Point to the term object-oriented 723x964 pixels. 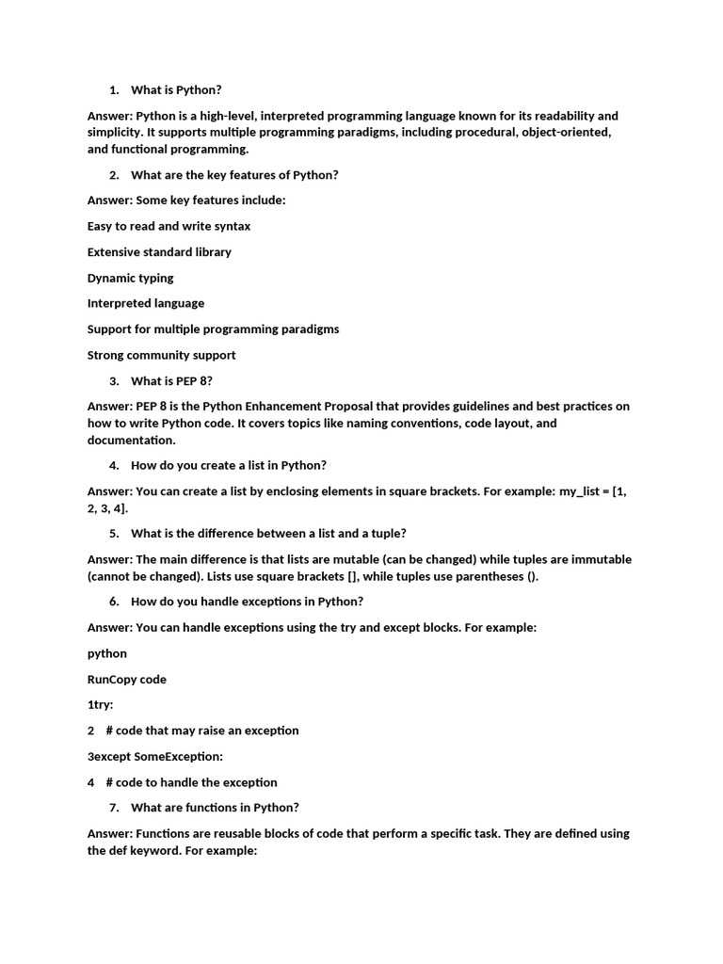tap(566, 133)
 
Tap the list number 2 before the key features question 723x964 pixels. tap(114, 175)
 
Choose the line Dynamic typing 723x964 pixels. tap(130, 278)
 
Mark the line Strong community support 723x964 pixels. tap(161, 355)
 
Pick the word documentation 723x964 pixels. tap(130, 441)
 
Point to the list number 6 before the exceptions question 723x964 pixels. tap(114, 602)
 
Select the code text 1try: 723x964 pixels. tap(100, 705)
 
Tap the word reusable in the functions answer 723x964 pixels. tap(248, 833)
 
